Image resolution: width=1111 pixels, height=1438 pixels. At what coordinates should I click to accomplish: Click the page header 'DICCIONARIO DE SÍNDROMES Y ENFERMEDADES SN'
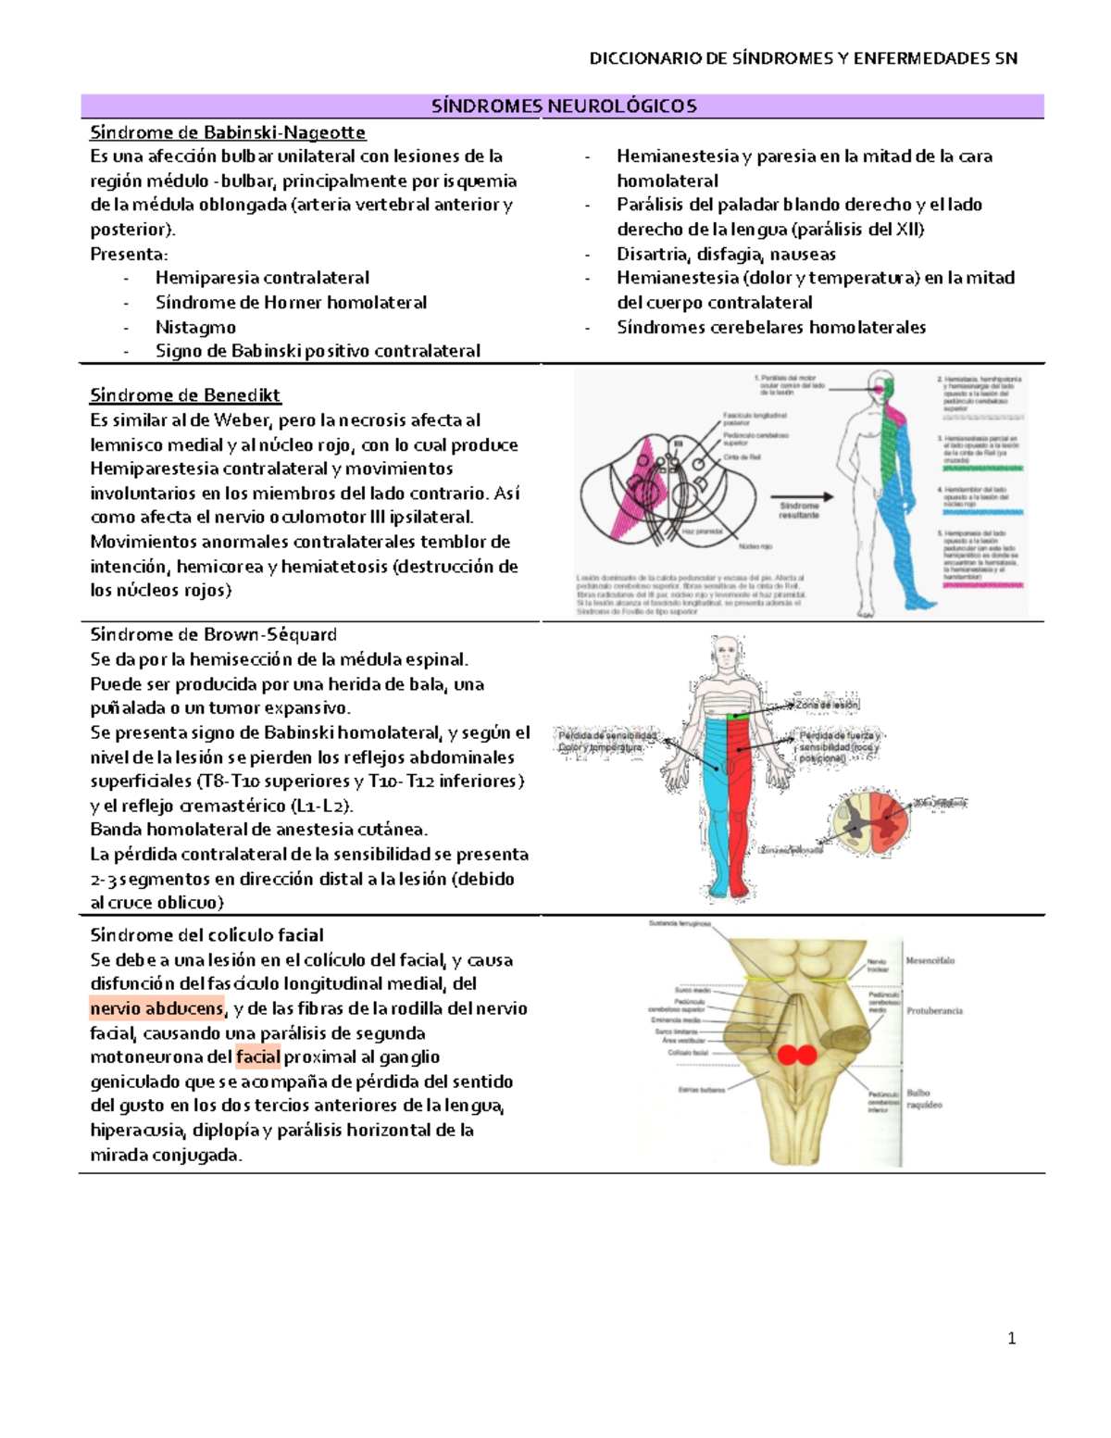coord(803,58)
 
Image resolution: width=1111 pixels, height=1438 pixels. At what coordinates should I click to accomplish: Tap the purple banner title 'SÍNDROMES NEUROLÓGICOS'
coord(563,106)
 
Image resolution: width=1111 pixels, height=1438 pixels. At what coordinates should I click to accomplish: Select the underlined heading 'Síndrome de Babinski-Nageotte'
coord(227,132)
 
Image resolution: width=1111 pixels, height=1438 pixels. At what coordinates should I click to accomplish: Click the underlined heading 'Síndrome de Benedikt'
coord(185,395)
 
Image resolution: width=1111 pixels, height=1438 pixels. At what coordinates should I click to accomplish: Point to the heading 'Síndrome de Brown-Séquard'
coord(213,634)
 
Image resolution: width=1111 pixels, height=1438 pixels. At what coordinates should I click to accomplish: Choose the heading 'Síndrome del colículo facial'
coord(206,935)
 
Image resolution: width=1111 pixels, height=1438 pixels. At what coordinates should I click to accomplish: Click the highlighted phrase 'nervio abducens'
coord(156,1008)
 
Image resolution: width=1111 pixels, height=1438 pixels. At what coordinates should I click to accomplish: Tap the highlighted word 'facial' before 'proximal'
coord(257,1057)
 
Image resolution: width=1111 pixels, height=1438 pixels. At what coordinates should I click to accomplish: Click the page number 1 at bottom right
coord(1011,1338)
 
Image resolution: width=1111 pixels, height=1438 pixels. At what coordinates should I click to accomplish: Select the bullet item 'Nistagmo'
coord(195,327)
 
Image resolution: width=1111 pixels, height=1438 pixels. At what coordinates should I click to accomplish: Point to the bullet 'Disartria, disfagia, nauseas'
coord(726,254)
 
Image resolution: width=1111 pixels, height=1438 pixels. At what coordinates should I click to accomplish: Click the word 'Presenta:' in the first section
coord(129,254)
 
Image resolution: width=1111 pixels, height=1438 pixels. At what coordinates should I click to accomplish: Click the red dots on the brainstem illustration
coord(796,1055)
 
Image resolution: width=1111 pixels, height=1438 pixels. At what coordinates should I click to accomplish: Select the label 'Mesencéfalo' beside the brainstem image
coord(930,960)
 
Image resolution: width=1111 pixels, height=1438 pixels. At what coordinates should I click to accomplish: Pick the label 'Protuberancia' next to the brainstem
coord(934,1010)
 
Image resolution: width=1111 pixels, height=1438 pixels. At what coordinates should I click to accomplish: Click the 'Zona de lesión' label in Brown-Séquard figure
coord(827,705)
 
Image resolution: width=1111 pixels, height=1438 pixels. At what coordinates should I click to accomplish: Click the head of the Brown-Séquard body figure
coord(727,651)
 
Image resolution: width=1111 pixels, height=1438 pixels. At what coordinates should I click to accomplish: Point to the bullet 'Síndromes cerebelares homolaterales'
coord(770,327)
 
